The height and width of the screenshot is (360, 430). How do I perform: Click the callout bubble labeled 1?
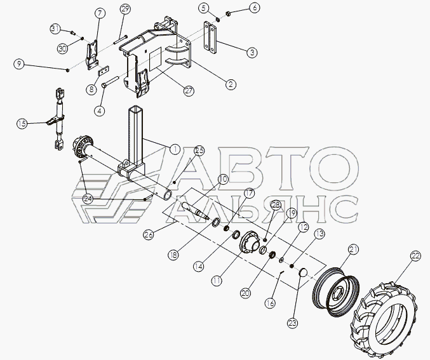pyautogui.click(x=174, y=150)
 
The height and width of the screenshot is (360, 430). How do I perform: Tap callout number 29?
pyautogui.click(x=124, y=9)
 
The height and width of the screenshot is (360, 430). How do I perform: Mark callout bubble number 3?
pyautogui.click(x=252, y=53)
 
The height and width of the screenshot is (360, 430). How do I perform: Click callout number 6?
pyautogui.click(x=254, y=8)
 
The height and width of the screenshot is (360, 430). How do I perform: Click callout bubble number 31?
pyautogui.click(x=55, y=29)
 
